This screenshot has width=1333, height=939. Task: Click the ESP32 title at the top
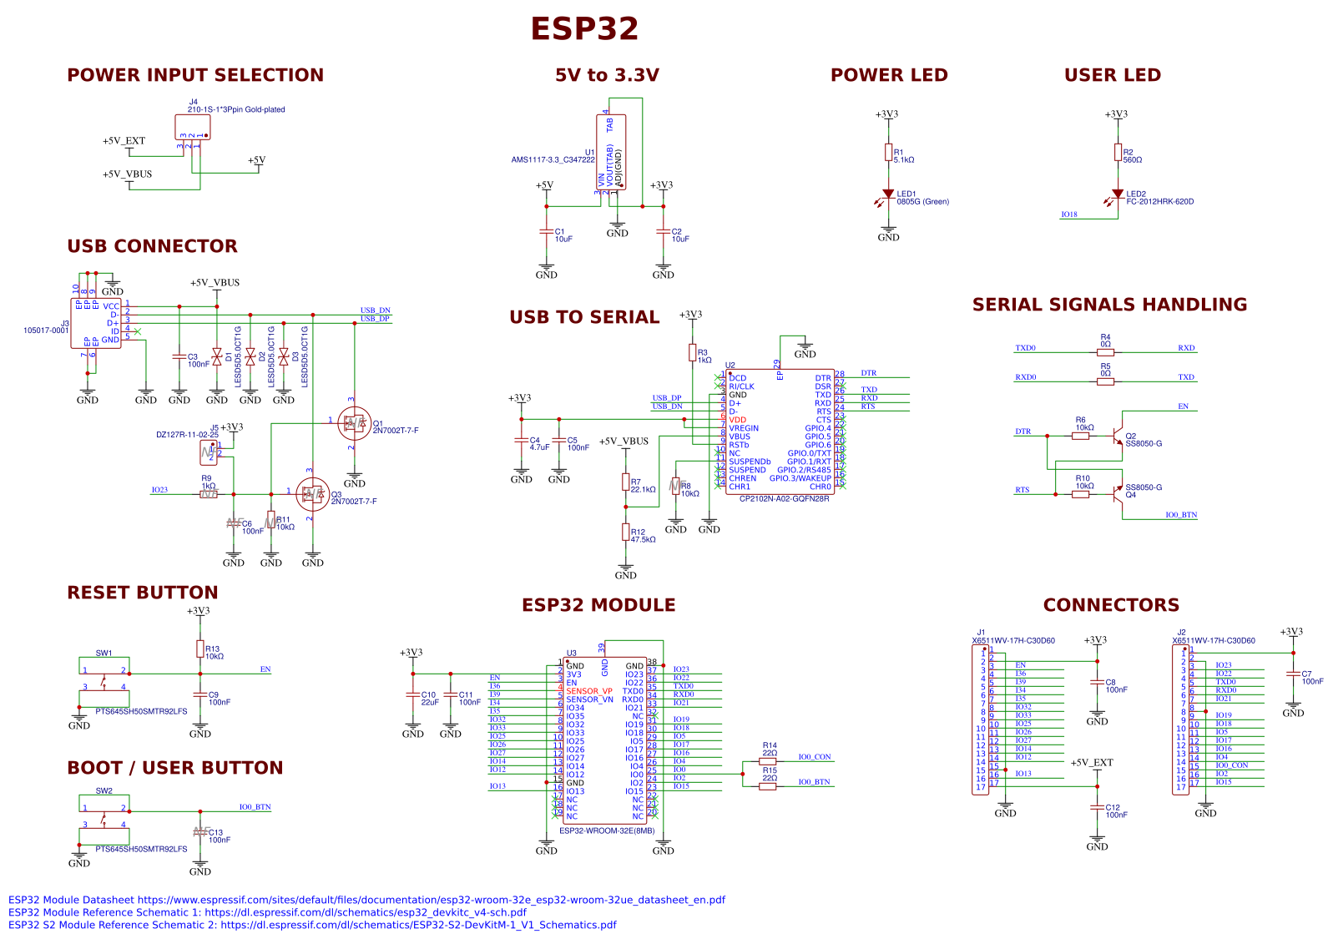(584, 29)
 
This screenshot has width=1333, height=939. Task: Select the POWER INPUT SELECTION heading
(195, 75)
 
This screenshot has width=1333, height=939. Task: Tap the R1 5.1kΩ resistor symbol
(888, 153)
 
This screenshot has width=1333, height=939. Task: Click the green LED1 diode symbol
(888, 194)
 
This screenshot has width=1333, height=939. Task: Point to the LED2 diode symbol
(1118, 194)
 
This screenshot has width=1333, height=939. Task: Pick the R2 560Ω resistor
(1118, 153)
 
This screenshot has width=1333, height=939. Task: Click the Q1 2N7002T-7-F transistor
(355, 424)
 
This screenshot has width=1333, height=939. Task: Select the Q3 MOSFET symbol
(312, 494)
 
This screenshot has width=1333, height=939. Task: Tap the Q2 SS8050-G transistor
(1117, 437)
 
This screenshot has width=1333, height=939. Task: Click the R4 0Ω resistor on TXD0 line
(1105, 352)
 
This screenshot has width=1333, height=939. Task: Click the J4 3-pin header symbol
(193, 127)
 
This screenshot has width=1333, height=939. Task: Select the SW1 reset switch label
(104, 654)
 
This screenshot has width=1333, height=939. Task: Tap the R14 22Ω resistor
(768, 761)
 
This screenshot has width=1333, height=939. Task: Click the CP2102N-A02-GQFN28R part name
(785, 499)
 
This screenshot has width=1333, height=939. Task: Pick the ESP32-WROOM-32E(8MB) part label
(607, 830)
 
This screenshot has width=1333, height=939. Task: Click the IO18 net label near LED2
(1069, 215)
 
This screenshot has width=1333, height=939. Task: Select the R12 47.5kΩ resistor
(625, 533)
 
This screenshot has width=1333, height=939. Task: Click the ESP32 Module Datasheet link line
(366, 900)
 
